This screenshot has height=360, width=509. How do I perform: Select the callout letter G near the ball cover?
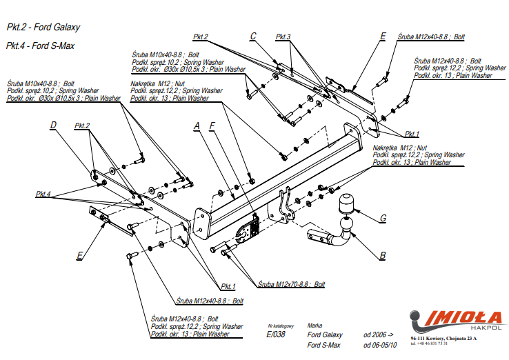coord(382,219)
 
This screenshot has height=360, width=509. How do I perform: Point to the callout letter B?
coord(382,257)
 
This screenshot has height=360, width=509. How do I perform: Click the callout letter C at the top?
coord(253,37)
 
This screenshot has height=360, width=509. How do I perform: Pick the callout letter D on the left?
coord(52,126)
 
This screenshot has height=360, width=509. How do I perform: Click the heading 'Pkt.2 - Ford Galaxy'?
coord(43,28)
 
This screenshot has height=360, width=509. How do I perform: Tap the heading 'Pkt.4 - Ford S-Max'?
coord(40,46)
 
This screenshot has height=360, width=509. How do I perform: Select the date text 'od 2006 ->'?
coord(379,334)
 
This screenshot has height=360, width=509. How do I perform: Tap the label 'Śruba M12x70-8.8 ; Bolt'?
coord(291,284)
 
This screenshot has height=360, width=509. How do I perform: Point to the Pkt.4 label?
coord(43,194)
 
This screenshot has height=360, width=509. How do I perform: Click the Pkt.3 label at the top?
coord(283,37)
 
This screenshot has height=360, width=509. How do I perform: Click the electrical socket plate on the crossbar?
coord(248,232)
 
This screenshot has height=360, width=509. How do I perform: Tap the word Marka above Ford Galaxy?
coord(315,324)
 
